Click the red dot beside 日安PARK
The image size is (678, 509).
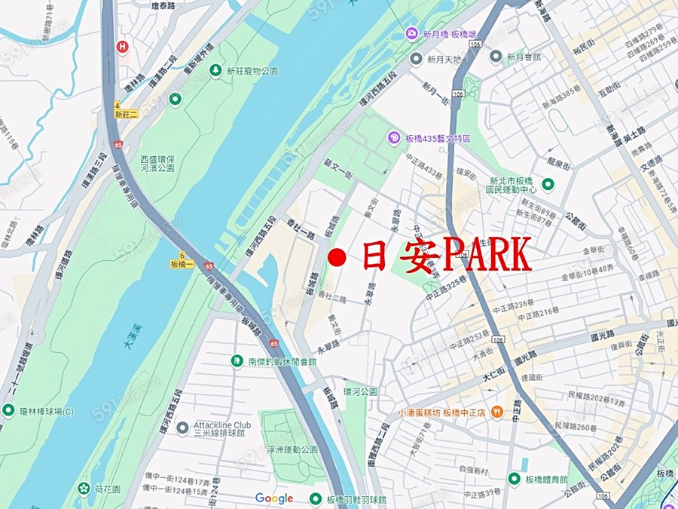coord(337,258)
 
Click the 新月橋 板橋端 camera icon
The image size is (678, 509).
coord(411,34)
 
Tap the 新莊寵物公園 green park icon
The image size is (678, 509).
coord(216,70)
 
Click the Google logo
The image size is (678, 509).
coord(273,498)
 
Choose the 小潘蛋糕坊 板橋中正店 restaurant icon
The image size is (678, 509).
coord(497,412)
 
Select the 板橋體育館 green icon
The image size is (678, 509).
coord(514,478)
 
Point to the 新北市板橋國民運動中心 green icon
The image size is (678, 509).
coord(548,184)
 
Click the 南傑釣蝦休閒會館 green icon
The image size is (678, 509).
coord(237,361)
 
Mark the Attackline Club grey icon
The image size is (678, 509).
coord(182,428)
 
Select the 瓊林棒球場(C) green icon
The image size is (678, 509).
coord(8,410)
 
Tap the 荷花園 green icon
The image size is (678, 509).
coord(83,488)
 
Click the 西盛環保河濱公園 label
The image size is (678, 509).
coord(157,164)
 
